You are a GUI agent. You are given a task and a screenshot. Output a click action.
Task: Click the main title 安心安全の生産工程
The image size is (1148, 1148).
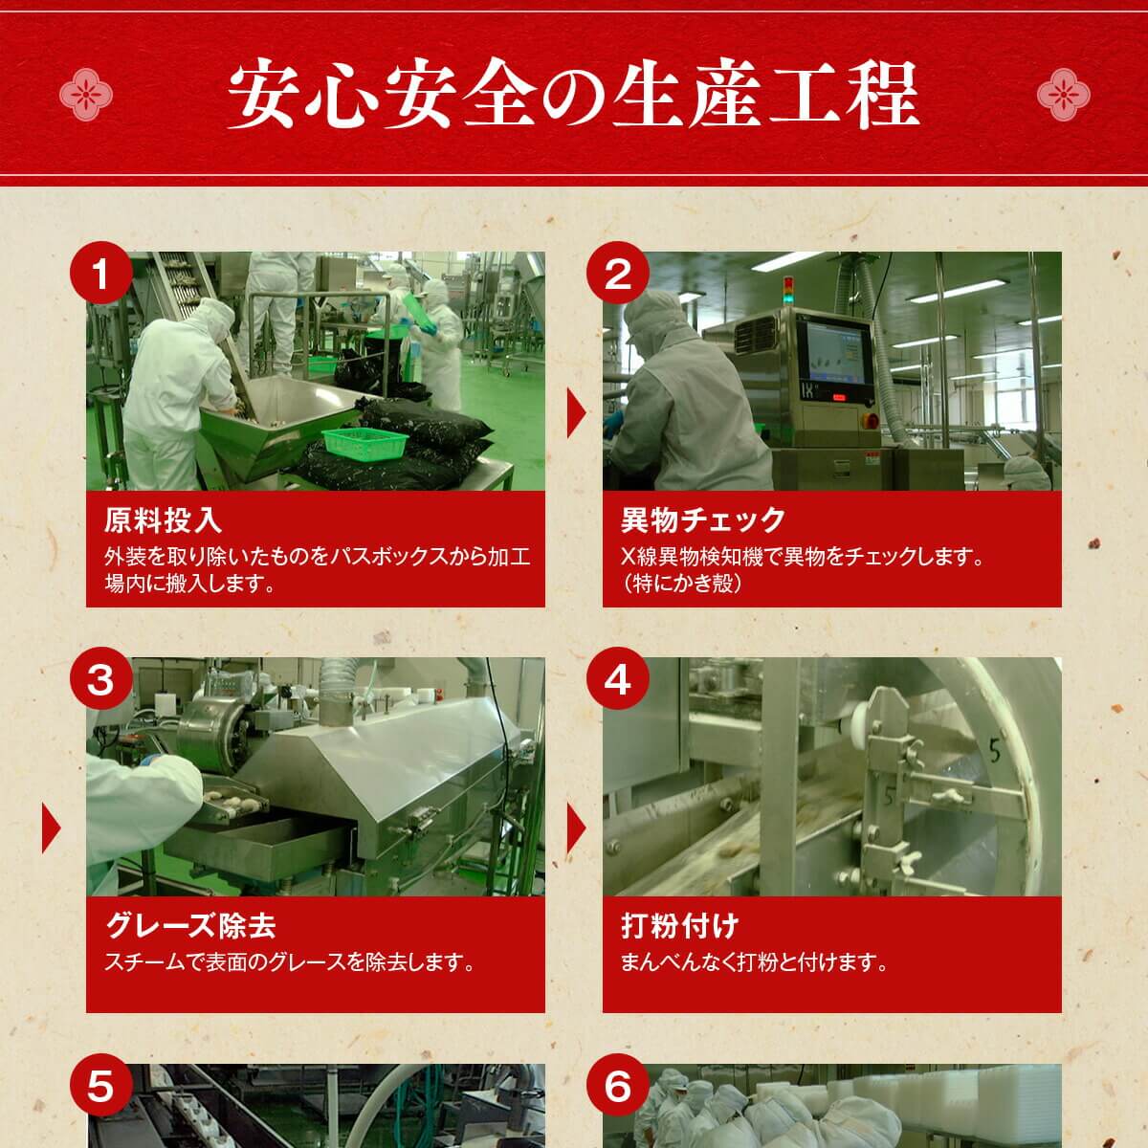point(573,95)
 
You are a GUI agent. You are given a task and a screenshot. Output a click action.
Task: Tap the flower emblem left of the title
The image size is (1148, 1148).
point(86,95)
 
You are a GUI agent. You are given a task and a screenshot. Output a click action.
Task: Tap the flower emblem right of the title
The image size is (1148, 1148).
point(1062,95)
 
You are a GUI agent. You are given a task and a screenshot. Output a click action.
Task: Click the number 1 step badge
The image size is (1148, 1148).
point(100,276)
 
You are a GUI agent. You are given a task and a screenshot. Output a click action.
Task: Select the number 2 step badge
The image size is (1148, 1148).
point(618,276)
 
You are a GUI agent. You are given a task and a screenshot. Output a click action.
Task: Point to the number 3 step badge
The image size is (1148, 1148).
point(100,681)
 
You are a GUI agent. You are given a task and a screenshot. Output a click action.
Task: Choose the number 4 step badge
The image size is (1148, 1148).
point(618,681)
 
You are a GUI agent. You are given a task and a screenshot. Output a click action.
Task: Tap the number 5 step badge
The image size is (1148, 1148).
point(100,1087)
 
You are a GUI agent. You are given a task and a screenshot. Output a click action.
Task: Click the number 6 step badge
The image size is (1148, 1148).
point(618,1087)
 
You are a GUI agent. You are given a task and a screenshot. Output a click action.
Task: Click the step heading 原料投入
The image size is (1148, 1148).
point(163,520)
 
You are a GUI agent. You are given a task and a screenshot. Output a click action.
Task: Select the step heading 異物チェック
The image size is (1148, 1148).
point(703,520)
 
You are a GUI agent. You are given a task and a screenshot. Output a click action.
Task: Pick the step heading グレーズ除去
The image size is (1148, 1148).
point(190,926)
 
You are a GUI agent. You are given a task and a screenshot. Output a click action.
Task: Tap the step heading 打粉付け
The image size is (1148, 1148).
point(679,926)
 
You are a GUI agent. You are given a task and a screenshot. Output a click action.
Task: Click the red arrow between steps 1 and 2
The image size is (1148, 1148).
point(576,414)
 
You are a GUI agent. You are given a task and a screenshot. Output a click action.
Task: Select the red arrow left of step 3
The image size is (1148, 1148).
point(51,828)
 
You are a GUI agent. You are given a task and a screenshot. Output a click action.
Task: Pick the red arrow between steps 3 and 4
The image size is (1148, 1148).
point(576,828)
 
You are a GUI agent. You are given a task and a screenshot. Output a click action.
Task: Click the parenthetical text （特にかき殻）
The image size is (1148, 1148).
point(682,584)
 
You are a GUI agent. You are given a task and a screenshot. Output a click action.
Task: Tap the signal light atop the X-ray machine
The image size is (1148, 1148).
point(788,290)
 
